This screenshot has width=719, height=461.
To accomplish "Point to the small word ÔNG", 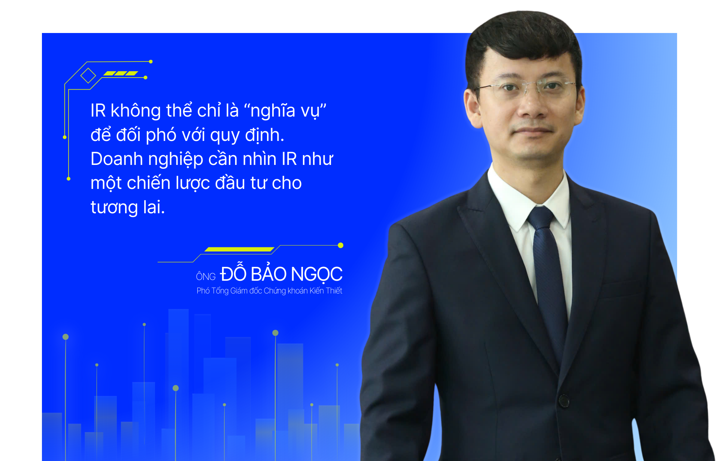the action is pyautogui.click(x=206, y=276).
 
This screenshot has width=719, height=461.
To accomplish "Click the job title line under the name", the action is pyautogui.click(x=269, y=291).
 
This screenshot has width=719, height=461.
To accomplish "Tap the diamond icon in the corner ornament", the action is pyautogui.click(x=88, y=76).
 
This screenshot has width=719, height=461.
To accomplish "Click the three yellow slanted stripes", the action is pyautogui.click(x=121, y=73).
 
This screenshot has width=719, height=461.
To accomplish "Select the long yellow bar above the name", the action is pyautogui.click(x=239, y=249).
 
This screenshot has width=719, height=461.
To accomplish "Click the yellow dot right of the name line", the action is pyautogui.click(x=340, y=245).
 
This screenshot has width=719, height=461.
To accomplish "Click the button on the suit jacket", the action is pyautogui.click(x=564, y=401).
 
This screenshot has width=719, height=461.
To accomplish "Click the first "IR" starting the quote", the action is pyautogui.click(x=98, y=111).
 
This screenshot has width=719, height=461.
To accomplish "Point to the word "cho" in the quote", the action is pyautogui.click(x=287, y=183).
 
